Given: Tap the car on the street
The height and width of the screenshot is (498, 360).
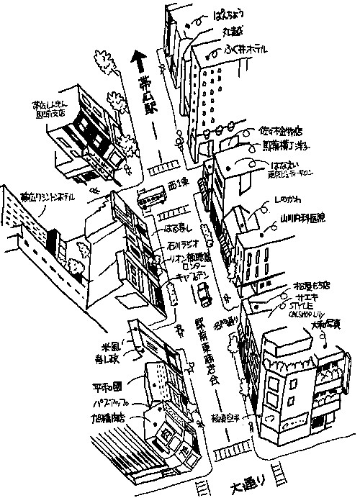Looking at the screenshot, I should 202,293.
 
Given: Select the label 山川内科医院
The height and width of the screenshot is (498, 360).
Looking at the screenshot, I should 302,215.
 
